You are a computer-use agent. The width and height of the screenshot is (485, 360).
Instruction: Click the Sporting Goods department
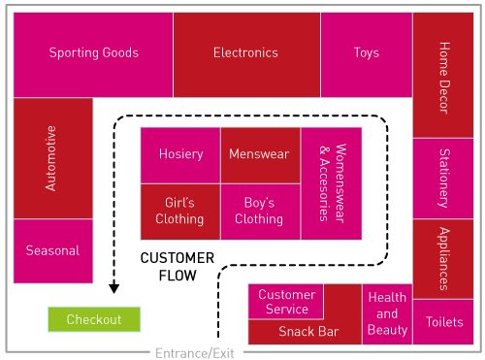coord(93,53)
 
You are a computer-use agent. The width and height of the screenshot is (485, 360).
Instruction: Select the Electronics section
coord(245,53)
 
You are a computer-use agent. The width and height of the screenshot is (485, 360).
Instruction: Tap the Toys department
coord(366,53)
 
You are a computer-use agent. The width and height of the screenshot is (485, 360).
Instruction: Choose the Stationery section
coord(442,179)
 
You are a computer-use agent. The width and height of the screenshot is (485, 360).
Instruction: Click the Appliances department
coord(442,258)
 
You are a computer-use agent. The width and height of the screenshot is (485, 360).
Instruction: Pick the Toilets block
coord(442,322)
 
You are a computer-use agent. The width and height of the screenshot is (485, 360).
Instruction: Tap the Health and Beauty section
coord(387,314)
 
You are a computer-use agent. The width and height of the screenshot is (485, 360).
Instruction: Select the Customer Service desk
coord(286,301)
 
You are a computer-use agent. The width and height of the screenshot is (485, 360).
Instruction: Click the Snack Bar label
coord(308,332)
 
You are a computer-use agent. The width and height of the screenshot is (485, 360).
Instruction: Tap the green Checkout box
coord(94,319)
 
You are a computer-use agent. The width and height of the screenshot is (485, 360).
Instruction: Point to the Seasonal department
coord(53,250)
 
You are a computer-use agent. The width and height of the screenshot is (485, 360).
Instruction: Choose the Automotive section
coord(52,158)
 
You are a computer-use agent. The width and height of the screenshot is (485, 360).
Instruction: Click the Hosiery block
coord(180,154)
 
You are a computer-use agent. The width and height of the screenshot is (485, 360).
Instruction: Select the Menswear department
coord(259,154)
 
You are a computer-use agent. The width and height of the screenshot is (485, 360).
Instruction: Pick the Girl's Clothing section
coord(179,211)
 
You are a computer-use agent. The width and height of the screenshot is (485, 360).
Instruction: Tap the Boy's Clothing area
coord(259,211)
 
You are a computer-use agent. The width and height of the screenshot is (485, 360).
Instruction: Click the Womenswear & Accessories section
coord(331,183)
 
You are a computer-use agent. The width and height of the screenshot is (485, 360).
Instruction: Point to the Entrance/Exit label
coord(195,353)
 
